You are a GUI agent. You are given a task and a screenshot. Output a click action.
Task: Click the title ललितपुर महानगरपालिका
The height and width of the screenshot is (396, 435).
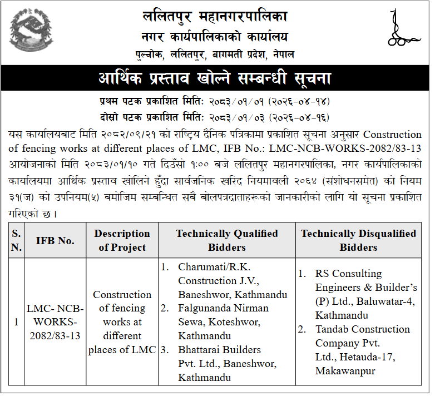[x=215, y=17]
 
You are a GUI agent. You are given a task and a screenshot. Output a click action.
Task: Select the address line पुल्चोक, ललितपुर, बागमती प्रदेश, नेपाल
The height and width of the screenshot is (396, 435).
[x=215, y=54]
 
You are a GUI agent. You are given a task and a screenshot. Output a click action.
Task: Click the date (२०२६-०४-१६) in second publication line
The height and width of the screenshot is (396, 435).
[x=299, y=117]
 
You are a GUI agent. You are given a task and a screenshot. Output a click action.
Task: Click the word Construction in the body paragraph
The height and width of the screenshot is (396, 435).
[x=392, y=135]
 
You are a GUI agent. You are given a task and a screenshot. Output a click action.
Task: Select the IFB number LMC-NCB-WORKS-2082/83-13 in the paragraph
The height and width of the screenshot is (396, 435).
[x=345, y=148]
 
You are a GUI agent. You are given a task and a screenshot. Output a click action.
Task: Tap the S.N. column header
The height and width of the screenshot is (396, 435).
[x=16, y=240]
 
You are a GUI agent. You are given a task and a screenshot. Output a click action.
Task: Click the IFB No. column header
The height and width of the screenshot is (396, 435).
[x=55, y=240]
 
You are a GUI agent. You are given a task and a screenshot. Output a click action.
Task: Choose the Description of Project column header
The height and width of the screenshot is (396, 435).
[x=122, y=240]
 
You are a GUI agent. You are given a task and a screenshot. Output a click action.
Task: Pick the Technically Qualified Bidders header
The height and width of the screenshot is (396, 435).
[x=227, y=240]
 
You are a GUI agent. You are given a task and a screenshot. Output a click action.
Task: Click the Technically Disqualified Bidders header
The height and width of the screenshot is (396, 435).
[x=358, y=240]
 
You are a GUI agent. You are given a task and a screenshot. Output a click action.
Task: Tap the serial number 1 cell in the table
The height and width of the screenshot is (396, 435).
[x=16, y=322]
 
